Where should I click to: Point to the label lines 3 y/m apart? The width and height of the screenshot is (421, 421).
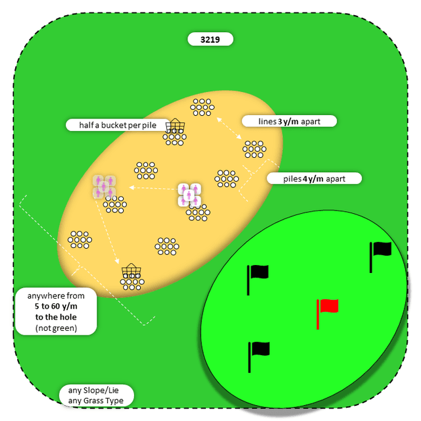click(289, 121)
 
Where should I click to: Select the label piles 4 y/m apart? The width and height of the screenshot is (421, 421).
click(314, 178)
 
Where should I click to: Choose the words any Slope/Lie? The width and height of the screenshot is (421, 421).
click(95, 389)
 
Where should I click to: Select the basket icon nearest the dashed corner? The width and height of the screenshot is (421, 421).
click(132, 270)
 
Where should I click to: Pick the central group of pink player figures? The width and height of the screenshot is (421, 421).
click(189, 195)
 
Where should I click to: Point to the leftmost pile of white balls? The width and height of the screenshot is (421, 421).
click(80, 238)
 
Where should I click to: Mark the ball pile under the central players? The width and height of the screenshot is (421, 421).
click(197, 212)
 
